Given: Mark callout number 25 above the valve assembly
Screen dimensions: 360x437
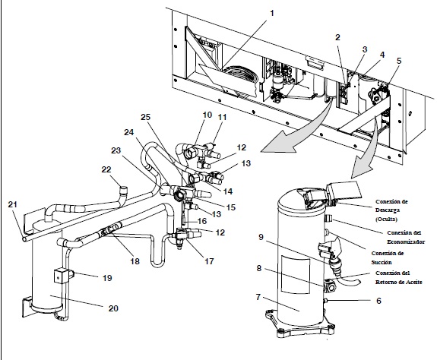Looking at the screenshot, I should (x=146, y=116).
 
